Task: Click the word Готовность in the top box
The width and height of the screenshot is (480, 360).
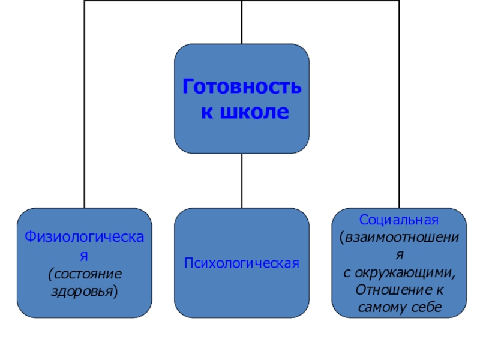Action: pyautogui.click(x=242, y=88)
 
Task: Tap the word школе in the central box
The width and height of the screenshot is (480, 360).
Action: pyautogui.click(x=255, y=112)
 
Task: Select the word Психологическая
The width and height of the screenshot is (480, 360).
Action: pyautogui.click(x=241, y=263)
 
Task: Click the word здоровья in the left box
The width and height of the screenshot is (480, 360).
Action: pyautogui.click(x=82, y=292)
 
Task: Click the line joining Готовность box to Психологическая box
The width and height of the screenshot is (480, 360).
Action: pyautogui.click(x=242, y=180)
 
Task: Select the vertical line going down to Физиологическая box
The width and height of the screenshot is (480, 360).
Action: pyautogui.click(x=84, y=120)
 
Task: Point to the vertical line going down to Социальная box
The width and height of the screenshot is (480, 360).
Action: pyautogui.click(x=399, y=120)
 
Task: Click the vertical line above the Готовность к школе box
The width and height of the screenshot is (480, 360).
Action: pyautogui.click(x=242, y=22)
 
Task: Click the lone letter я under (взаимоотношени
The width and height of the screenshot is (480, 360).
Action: pyautogui.click(x=399, y=254)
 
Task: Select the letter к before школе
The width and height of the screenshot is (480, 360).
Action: pyautogui.click(x=205, y=112)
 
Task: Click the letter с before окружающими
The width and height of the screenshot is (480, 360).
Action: pyautogui.click(x=346, y=272)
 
